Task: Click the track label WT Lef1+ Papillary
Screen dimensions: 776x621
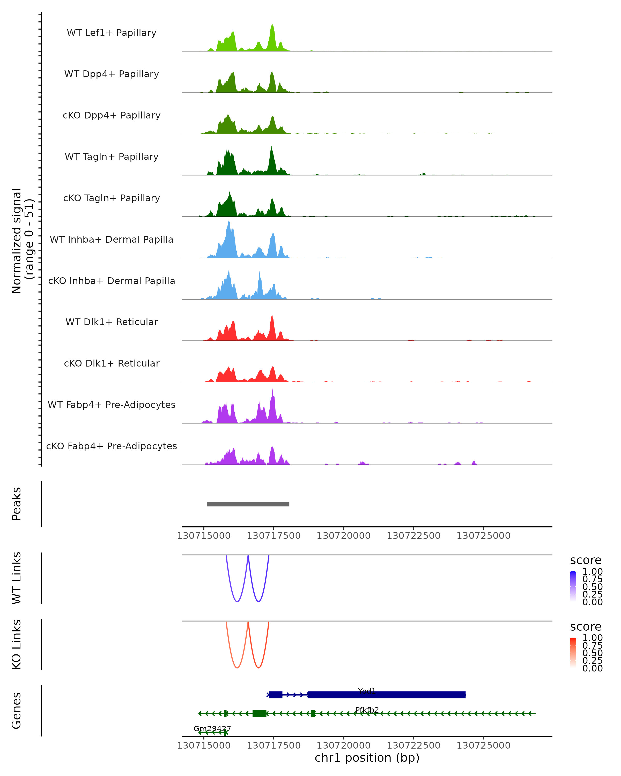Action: [x=112, y=33]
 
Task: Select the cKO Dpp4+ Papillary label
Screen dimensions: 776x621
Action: [x=112, y=116]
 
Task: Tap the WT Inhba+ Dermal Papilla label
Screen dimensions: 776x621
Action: [x=112, y=240]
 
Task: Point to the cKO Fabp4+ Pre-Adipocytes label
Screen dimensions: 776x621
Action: [x=112, y=446]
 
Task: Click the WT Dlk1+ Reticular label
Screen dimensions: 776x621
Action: [x=112, y=322]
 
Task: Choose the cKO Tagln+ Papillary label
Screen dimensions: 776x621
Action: [x=112, y=198]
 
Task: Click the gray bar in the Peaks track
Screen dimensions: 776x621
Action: [x=248, y=504]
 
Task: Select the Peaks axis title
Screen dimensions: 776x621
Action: [x=17, y=504]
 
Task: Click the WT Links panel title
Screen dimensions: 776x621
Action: [x=17, y=578]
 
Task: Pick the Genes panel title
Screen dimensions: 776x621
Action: [x=17, y=711]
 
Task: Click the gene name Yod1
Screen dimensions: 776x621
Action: [x=367, y=691]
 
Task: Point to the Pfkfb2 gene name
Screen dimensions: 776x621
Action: [x=367, y=710]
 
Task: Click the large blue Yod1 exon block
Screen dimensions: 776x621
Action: [x=386, y=695]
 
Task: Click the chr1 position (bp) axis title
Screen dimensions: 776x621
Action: [x=367, y=758]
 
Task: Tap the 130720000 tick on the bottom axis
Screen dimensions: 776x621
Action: [x=343, y=745]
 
